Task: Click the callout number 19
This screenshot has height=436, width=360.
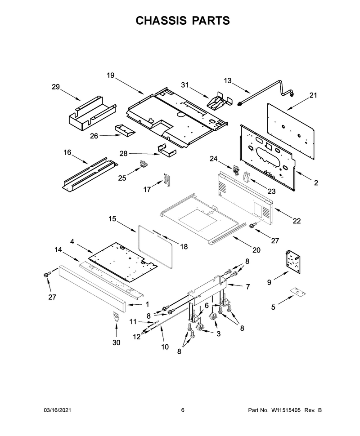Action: pos(111,76)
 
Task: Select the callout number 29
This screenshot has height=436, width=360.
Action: pos(56,87)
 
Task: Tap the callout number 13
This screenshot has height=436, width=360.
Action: pos(227,80)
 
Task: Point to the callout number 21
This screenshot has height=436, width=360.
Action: pos(313,95)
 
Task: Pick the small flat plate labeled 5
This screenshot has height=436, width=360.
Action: pos(297,291)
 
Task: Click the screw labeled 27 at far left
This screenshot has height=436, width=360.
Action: pos(46,274)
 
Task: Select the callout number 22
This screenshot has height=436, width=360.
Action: pos(297,221)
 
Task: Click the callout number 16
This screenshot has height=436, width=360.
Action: pos(67,152)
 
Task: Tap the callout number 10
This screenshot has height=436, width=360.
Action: pos(165,347)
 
